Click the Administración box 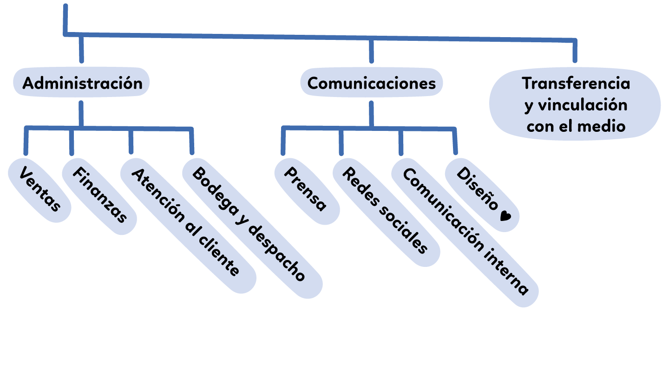pos(82,83)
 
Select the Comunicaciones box pos(371,83)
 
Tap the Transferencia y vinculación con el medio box pos(575,104)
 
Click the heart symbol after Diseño pos(505,216)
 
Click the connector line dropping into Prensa pos(283,142)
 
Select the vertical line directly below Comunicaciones pos(371,114)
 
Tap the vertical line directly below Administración pos(81,114)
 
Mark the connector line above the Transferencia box pos(575,51)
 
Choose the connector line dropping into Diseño pos(455,142)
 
